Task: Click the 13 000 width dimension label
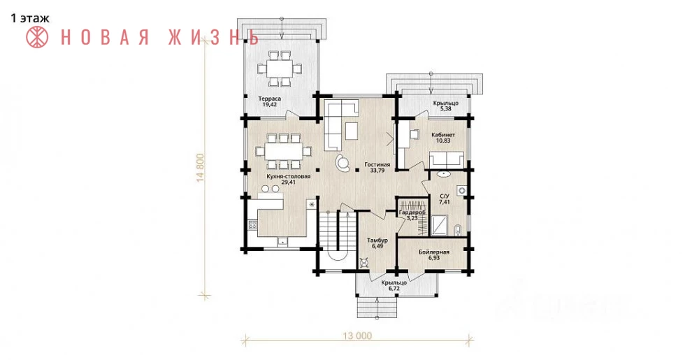coord(357,336)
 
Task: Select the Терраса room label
coord(269,99)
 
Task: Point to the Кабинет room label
coord(443,134)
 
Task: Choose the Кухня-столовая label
coord(288,176)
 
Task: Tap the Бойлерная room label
coord(434,252)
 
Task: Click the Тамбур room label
coord(377,240)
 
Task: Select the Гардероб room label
coord(412,213)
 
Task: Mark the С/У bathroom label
coord(445,196)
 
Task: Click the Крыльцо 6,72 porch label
coord(394,286)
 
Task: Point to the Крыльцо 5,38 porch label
coord(446,106)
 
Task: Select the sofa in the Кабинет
coord(446,160)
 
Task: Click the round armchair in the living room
coord(343,161)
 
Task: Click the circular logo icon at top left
coord(37,37)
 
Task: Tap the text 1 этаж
coord(30,18)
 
